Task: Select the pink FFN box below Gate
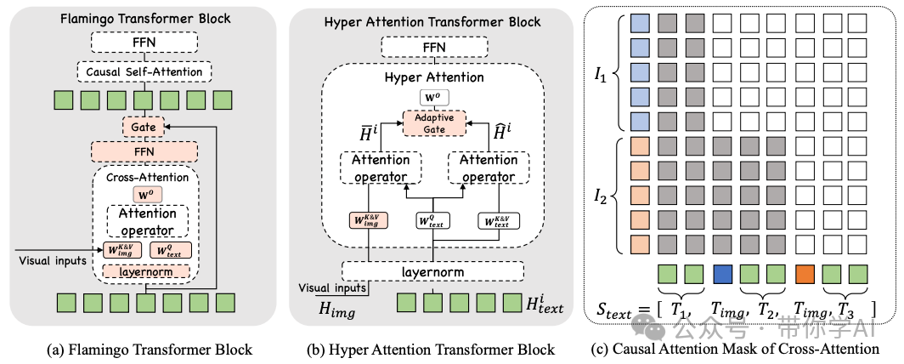143,152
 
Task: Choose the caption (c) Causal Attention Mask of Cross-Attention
734,349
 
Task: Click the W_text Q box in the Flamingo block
171,250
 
